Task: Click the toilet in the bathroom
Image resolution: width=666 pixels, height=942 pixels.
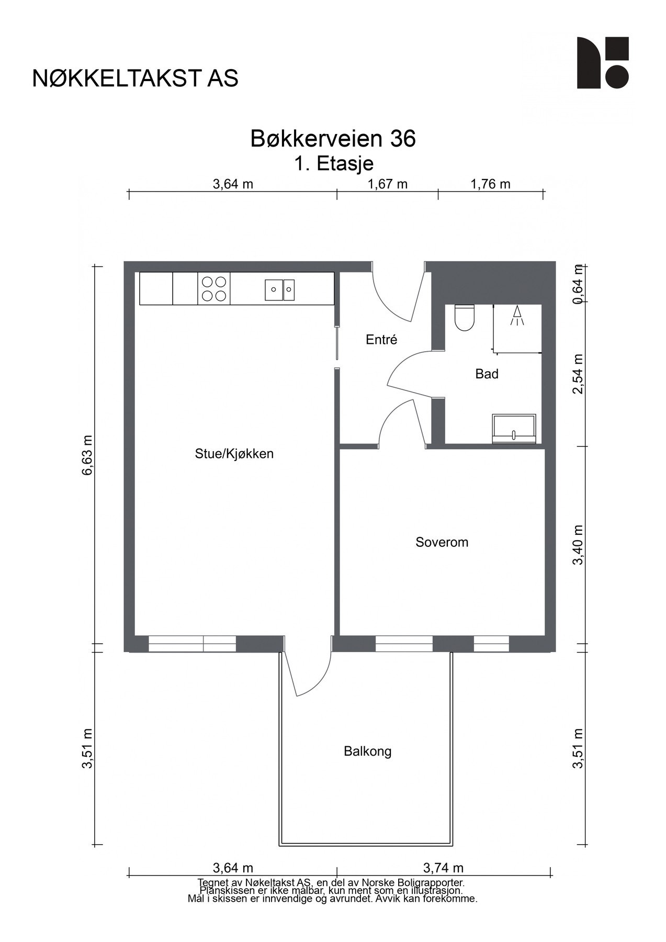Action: coord(464,318)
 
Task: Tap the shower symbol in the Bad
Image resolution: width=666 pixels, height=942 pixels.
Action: coord(517,316)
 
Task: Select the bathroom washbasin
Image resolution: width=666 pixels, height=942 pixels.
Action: coord(514,429)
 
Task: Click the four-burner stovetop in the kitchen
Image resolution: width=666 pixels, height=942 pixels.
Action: coord(214,288)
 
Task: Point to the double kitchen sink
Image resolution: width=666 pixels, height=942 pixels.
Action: coord(280,289)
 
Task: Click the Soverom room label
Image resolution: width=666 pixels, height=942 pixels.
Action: coord(442,542)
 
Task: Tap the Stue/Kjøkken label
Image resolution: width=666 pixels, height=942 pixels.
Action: coord(234,454)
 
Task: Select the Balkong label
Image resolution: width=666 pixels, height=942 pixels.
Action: coord(367,752)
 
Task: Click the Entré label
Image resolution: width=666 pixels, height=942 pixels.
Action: coord(381,340)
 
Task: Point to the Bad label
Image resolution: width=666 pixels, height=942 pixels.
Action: coord(487,374)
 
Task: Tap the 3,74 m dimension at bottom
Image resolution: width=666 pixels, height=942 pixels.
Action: coord(443,868)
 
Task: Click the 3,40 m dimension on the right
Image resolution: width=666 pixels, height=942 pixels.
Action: coord(578,545)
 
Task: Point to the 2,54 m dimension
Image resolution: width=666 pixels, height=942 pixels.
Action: coord(578,375)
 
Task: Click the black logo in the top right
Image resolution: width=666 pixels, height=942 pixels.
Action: coord(603,63)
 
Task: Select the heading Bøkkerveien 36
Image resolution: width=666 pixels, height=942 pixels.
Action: coord(333,139)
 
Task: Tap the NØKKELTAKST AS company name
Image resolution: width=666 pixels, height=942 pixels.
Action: coord(136,78)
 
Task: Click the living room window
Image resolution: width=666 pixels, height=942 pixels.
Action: coord(192,644)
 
